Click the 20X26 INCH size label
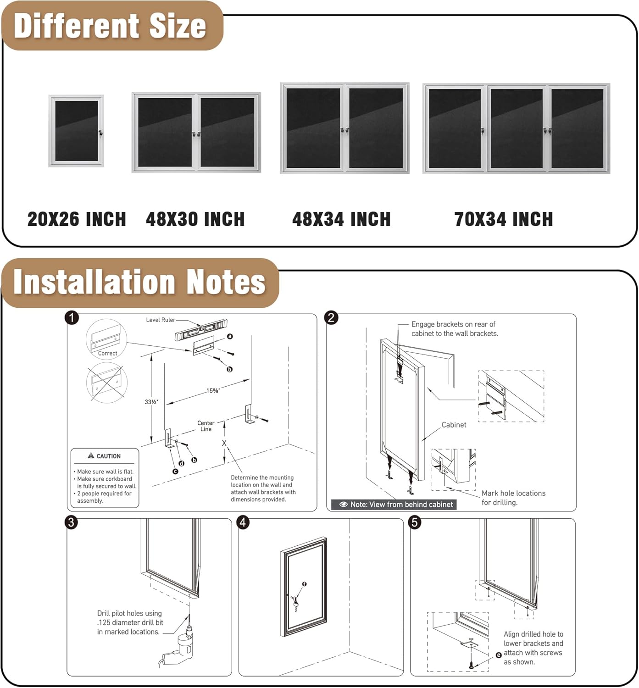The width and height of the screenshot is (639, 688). coord(77,219)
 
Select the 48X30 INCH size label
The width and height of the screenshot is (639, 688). coord(195,219)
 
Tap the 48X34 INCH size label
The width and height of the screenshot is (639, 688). coord(341,219)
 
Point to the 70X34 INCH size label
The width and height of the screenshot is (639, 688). coord(503,219)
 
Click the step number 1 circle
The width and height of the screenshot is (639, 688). coord(72,317)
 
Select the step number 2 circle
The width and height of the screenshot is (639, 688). coord(331,317)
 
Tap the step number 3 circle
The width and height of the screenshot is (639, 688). coord(71,522)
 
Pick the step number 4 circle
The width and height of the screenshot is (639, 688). coord(243,522)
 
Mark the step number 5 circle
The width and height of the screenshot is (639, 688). coord(415,522)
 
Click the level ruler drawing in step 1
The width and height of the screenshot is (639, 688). coord(201,329)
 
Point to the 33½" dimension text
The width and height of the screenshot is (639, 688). coord(151,402)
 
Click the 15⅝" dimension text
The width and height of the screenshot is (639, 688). coord(213,391)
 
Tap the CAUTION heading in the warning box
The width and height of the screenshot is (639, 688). coord(105,456)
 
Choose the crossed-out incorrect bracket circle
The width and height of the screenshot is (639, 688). coord(106,383)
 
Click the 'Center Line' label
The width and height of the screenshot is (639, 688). coord(206,426)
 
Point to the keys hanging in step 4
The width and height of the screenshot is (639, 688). coord(295,602)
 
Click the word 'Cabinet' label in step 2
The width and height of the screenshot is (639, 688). coord(454,425)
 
